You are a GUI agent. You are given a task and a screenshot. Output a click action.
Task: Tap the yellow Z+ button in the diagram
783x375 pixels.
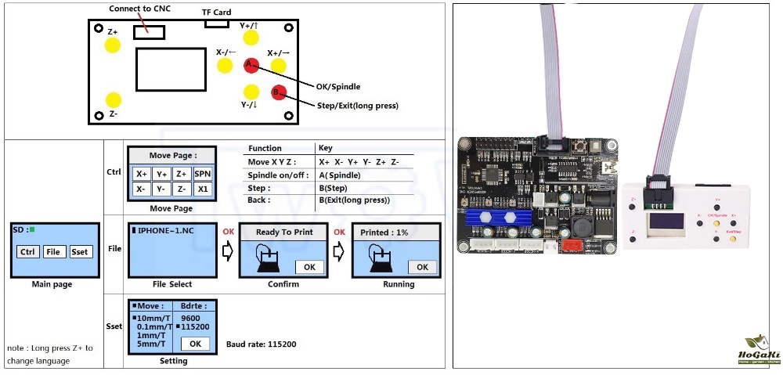113,45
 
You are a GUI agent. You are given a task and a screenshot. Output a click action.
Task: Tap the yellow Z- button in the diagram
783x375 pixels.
114,99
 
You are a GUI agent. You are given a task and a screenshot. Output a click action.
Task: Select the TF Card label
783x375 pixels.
217,13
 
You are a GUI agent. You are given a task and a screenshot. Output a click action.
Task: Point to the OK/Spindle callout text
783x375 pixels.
338,87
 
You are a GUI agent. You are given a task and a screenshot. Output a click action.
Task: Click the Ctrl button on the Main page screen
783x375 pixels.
28,251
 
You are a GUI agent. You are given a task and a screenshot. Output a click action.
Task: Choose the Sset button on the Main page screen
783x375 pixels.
80,251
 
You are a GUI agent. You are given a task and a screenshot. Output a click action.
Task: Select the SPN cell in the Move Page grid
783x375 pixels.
202,174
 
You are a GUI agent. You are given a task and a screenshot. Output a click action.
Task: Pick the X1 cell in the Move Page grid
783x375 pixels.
202,189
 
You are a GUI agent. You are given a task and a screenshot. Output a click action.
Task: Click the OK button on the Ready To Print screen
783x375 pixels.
309,267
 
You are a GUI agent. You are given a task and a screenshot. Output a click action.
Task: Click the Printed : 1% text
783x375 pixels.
384,233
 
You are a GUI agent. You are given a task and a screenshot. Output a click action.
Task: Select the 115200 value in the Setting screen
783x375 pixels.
194,326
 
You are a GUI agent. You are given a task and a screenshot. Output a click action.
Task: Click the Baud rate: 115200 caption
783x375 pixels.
261,344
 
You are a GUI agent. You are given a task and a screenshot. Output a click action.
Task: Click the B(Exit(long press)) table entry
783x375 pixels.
354,200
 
